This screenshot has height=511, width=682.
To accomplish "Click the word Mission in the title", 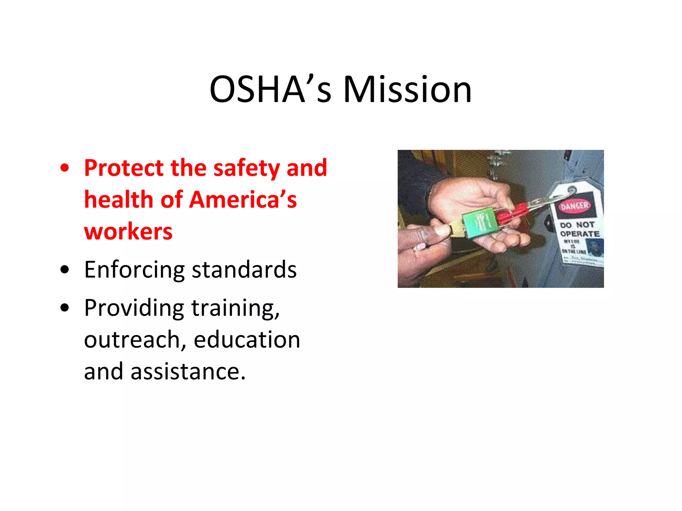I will [x=407, y=89].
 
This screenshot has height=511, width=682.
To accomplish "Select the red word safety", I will [x=246, y=168].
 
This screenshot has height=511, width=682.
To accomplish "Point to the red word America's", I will [x=243, y=200].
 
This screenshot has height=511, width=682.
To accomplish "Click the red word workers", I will [x=128, y=231].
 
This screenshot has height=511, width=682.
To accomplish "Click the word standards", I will [x=244, y=269].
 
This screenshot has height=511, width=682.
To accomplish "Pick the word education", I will [x=247, y=340].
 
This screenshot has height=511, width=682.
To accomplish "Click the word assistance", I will [x=188, y=372].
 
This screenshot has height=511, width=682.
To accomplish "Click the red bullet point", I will [x=65, y=168].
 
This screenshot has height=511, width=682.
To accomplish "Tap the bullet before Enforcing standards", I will [x=65, y=269].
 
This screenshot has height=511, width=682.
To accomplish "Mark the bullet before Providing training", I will [x=65, y=308].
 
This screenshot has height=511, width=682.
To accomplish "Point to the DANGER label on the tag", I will [x=574, y=206].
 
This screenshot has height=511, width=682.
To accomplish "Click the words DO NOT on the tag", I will [x=577, y=225].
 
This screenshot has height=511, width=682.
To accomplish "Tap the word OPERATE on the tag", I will [x=579, y=234].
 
